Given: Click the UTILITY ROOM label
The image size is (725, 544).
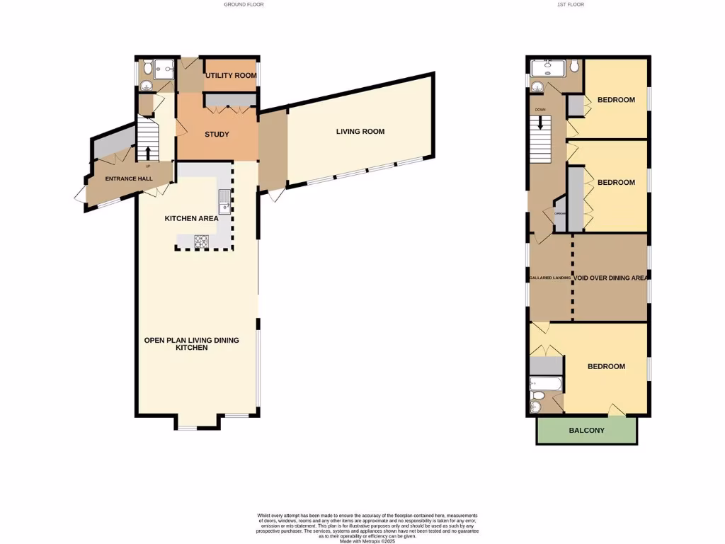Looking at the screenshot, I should pyautogui.click(x=231, y=75).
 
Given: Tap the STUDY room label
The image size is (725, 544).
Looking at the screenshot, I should pyautogui.click(x=217, y=135).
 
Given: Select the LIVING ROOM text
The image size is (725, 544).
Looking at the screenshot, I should pyautogui.click(x=360, y=131).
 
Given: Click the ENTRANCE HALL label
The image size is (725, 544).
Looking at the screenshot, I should pyautogui.click(x=129, y=178).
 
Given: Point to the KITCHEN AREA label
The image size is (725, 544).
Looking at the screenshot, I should pyautogui.click(x=191, y=218).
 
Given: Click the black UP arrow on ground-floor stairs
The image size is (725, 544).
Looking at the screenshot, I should pyautogui.click(x=148, y=152).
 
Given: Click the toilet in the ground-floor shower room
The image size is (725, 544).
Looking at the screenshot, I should pyautogui.click(x=147, y=68).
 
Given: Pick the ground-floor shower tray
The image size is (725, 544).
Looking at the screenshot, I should pyautogui.click(x=164, y=68).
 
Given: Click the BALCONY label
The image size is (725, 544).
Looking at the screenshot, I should pyautogui.click(x=587, y=430).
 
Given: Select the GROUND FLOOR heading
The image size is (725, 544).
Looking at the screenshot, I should pyautogui.click(x=244, y=4).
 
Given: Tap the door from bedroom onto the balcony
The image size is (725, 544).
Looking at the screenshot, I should pyautogui.click(x=616, y=411).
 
